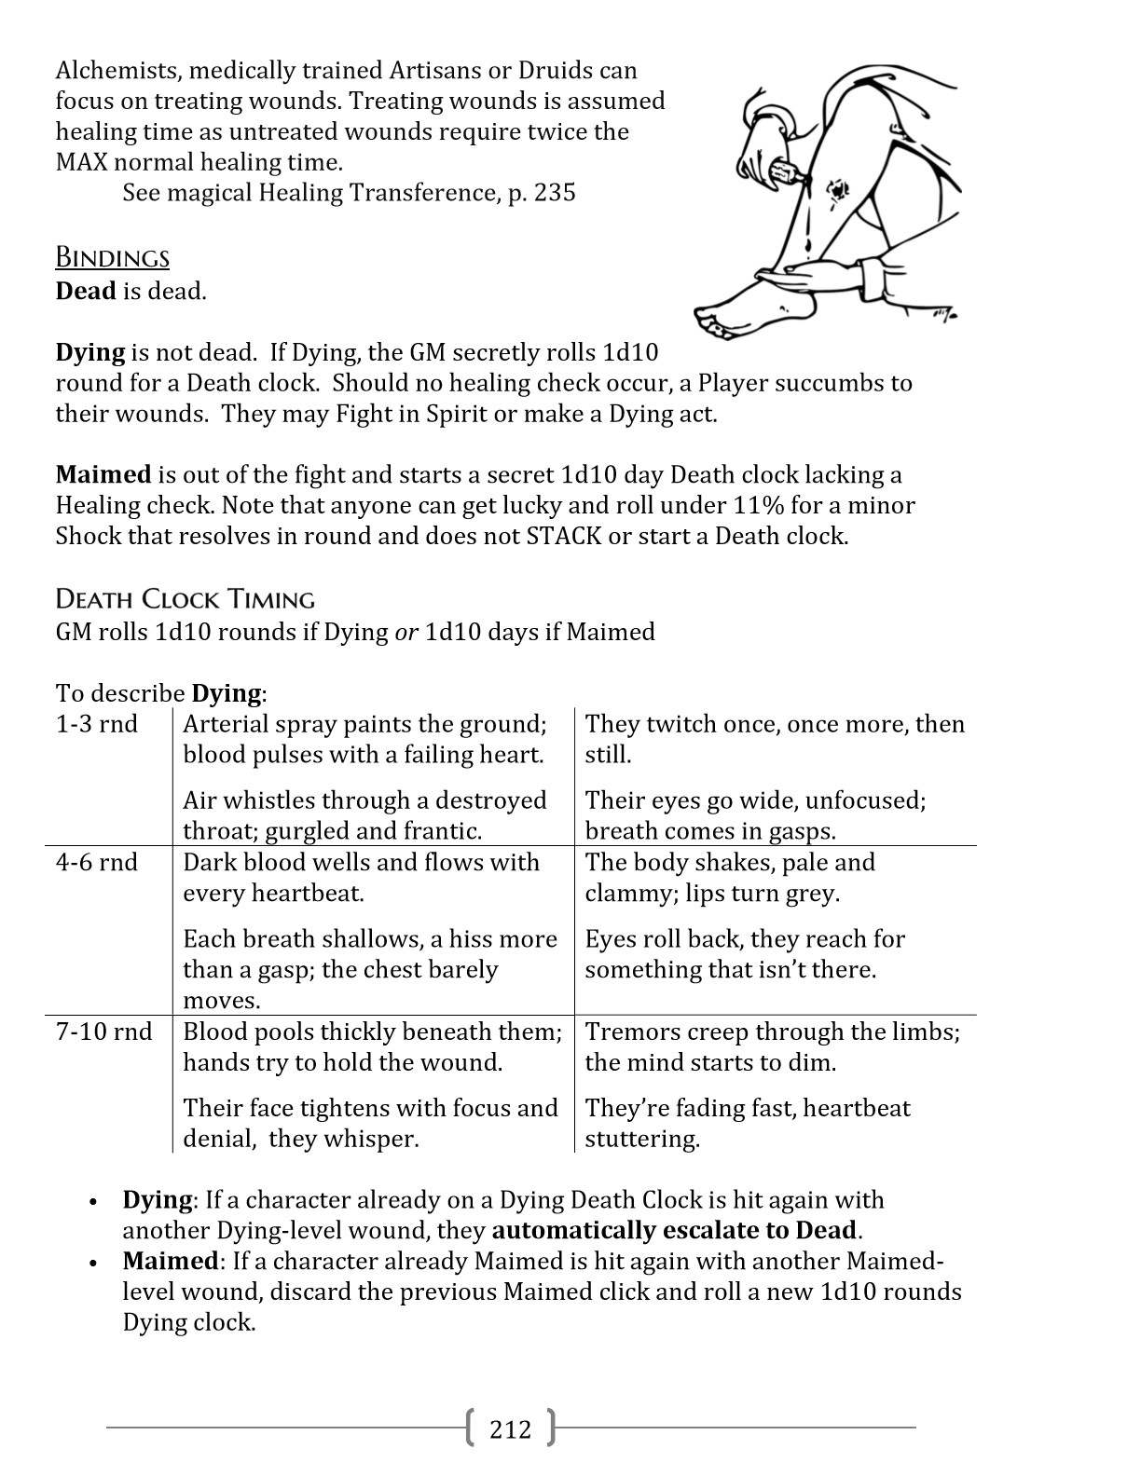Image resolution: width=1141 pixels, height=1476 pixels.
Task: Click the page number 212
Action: (510, 1428)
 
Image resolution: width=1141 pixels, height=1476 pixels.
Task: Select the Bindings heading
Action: (113, 258)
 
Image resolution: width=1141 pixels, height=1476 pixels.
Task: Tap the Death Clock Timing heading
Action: (186, 598)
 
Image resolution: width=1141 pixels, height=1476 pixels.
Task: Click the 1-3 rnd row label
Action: (97, 724)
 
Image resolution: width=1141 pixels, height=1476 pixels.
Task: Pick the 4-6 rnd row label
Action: (97, 862)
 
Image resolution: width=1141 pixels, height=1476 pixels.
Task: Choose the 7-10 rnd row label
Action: (103, 1032)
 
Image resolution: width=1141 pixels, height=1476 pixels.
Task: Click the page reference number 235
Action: (556, 193)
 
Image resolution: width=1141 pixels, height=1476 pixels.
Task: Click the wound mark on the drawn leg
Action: (836, 191)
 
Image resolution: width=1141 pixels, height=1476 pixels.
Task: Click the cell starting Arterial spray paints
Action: (364, 739)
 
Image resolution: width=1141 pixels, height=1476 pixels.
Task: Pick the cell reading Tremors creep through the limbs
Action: (772, 1046)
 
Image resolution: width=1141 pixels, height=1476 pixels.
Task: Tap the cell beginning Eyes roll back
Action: (745, 954)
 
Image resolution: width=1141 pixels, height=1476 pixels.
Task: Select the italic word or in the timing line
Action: (406, 632)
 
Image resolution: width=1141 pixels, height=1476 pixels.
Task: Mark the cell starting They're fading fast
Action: (747, 1123)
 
